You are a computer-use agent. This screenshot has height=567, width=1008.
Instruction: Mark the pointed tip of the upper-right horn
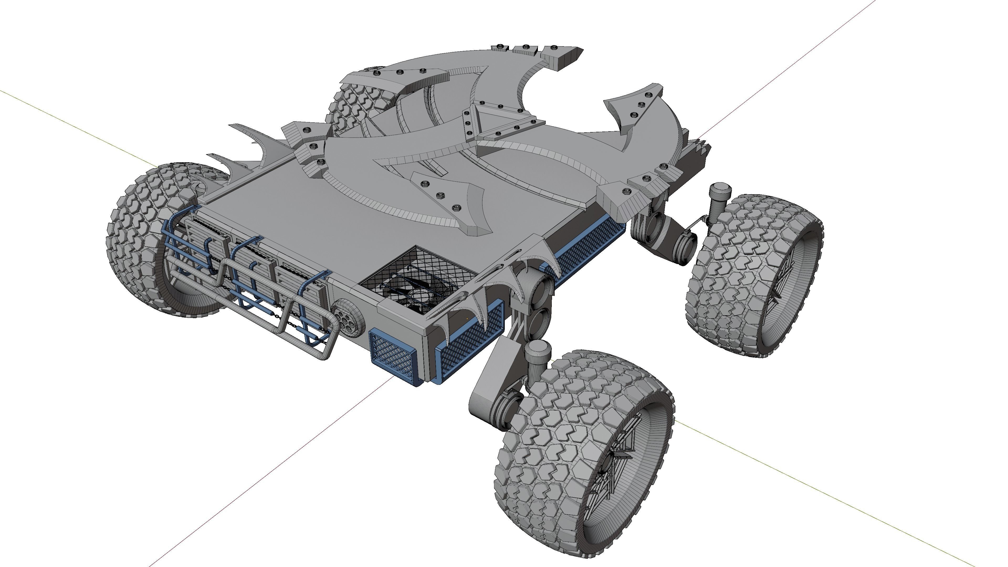click(581, 50)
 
